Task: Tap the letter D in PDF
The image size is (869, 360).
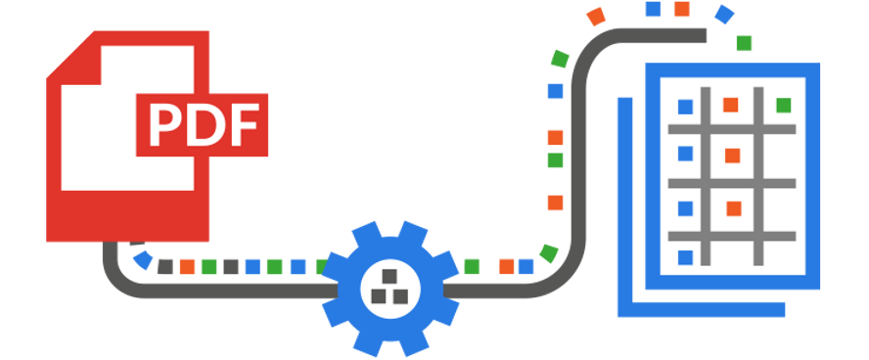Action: [x=201, y=123]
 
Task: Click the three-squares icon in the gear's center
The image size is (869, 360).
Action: [x=390, y=287]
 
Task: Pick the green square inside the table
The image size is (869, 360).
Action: [x=783, y=105]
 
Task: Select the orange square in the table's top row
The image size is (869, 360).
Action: [x=730, y=105]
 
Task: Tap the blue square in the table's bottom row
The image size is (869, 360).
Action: [x=685, y=257]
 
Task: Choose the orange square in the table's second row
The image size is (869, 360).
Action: [x=732, y=156]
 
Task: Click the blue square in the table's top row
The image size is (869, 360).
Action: [x=685, y=106]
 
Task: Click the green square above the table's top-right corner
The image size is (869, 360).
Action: [x=744, y=43]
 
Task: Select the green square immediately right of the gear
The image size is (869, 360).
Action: [x=473, y=266]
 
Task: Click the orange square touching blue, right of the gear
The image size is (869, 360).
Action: [x=506, y=266]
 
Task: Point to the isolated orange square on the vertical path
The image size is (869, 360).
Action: [x=555, y=202]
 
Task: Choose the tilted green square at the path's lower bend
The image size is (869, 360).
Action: [x=548, y=253]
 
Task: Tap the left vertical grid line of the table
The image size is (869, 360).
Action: [x=709, y=176]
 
